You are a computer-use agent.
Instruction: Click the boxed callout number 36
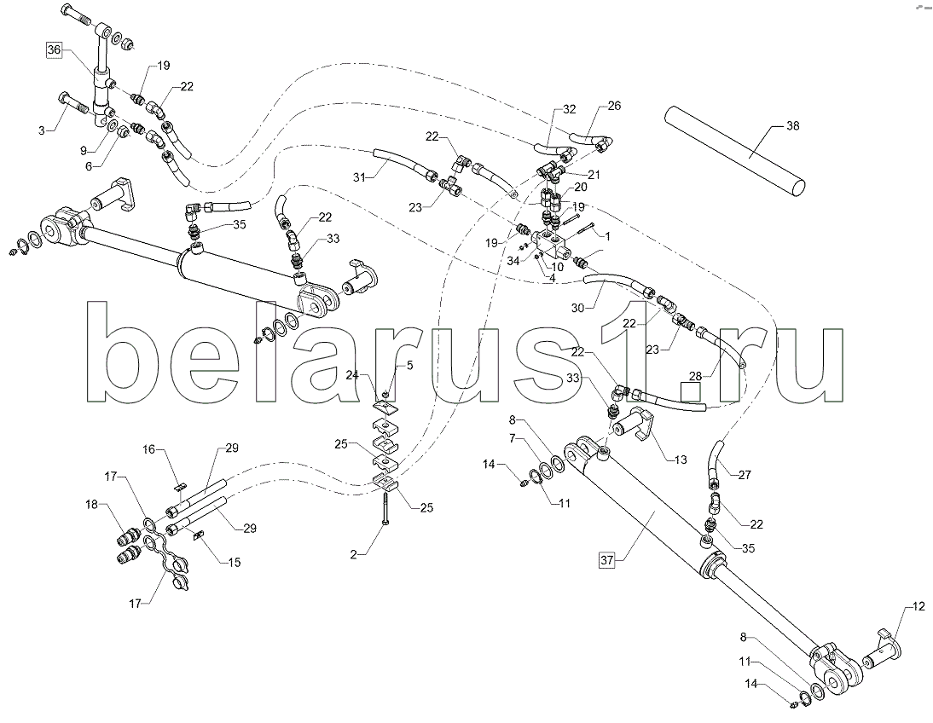click(x=54, y=50)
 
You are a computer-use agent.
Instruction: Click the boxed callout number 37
click(x=607, y=560)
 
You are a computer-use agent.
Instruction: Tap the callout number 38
click(x=792, y=125)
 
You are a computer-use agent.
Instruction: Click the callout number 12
click(x=919, y=606)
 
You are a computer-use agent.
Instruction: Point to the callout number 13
click(x=680, y=460)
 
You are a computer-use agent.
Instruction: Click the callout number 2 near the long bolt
click(x=353, y=554)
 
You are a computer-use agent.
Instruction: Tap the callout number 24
click(x=353, y=375)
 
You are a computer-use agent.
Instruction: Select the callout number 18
click(x=91, y=506)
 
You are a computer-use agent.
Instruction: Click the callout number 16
click(x=148, y=449)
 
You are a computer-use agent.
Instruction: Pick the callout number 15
click(x=235, y=563)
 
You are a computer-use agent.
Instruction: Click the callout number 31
click(x=359, y=176)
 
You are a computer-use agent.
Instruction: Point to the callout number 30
click(x=577, y=308)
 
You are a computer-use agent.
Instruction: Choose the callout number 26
click(x=614, y=106)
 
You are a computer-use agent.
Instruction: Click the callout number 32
click(x=570, y=109)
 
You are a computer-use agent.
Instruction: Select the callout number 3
click(x=42, y=130)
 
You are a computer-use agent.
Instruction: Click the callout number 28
click(x=696, y=375)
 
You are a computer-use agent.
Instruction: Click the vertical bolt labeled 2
click(x=386, y=505)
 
